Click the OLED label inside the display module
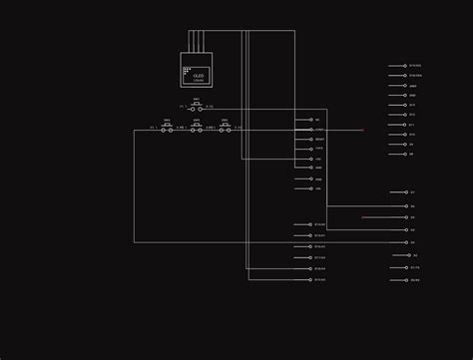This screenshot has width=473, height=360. pos(199,75)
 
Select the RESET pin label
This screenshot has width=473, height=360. pos(319,140)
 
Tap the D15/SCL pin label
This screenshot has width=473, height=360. pos(415,66)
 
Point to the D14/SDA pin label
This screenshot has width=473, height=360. pos(415,76)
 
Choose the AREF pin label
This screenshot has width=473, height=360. pos(413,86)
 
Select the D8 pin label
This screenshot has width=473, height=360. pos(411,155)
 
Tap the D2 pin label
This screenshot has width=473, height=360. pos(415,255)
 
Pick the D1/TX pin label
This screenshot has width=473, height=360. pos(415,267)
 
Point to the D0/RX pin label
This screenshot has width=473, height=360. pos(415,280)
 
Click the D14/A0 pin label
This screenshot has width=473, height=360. pos(320,225)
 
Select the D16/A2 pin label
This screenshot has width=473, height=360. pos(320,246)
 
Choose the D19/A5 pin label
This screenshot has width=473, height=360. pos(320,280)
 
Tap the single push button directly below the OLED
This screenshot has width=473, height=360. pos(197,107)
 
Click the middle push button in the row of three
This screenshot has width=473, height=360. pos(197,129)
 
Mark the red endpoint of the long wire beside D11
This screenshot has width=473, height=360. pos(362,130)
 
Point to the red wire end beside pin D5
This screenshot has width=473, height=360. pos(363,216)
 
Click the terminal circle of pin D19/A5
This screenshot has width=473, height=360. pos(310,280)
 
